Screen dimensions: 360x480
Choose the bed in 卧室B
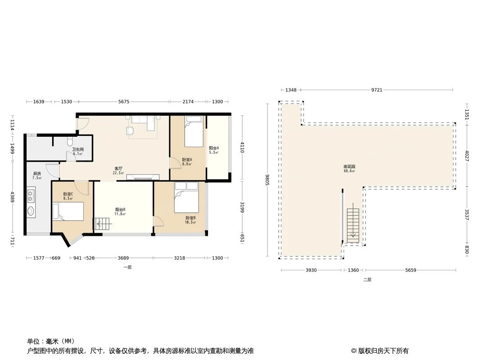coord(186,198)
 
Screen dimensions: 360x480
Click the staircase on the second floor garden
coord(353,223)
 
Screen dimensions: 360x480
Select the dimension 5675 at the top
coord(124,102)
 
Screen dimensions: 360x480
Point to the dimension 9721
coord(376,90)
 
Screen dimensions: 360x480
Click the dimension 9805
coord(267,180)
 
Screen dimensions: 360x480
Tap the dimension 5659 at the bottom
coord(411,270)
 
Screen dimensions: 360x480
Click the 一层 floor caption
coord(128,267)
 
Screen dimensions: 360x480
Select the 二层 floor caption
coord(367,279)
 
